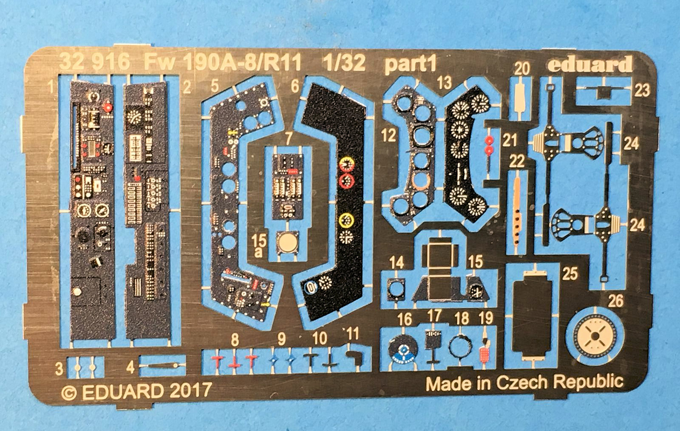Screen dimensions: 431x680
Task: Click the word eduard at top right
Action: tap(589, 65)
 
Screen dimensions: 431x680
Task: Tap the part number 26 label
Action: tap(615, 301)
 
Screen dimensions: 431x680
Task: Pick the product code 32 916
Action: tap(94, 62)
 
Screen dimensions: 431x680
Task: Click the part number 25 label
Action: tap(570, 274)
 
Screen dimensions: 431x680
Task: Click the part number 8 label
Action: tap(235, 340)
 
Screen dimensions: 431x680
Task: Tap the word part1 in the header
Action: tap(410, 64)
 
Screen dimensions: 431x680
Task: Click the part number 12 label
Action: tap(388, 136)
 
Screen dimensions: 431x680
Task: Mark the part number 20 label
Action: tap(521, 69)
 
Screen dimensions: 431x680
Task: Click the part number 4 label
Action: tap(130, 367)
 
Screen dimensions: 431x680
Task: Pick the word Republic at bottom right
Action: tap(589, 382)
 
